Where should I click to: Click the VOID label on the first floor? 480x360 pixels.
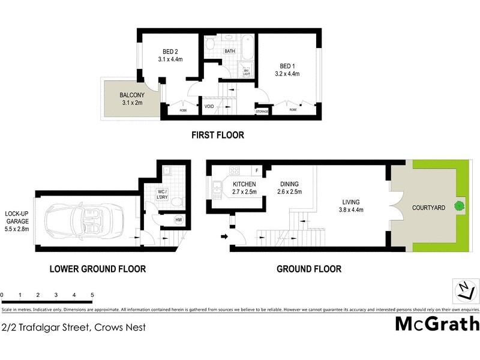(209, 107)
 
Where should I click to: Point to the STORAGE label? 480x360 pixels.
(262, 111)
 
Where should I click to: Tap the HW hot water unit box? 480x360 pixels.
(178, 220)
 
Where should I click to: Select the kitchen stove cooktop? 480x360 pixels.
(232, 170)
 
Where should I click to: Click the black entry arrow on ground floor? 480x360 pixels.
(225, 236)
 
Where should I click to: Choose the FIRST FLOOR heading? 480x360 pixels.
(218, 135)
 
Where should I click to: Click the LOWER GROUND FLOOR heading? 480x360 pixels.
(97, 269)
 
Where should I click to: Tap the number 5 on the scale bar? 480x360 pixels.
(92, 295)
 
